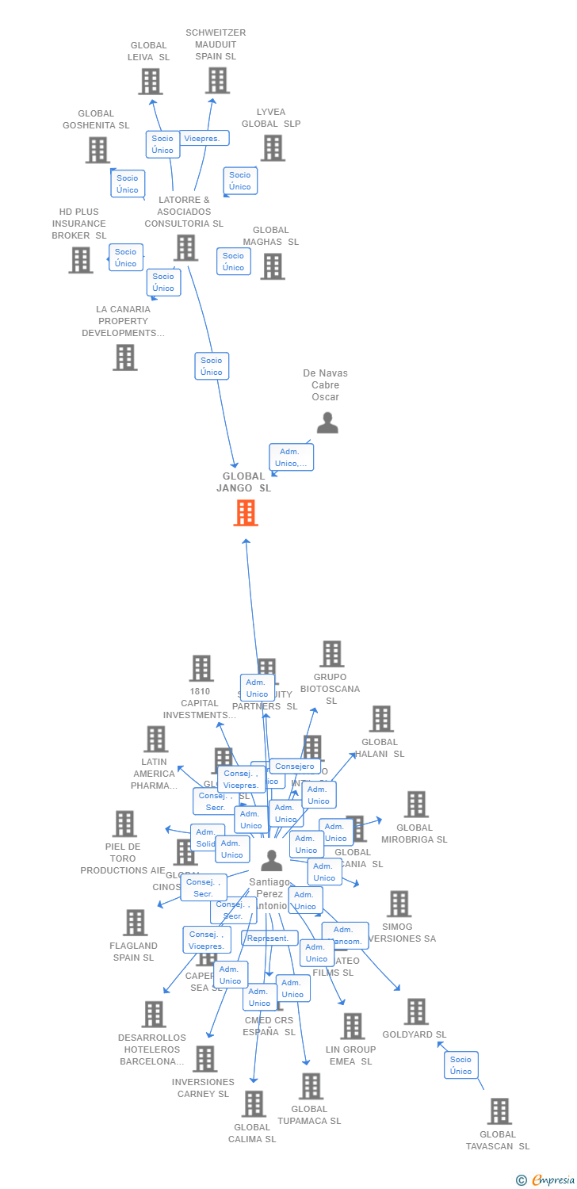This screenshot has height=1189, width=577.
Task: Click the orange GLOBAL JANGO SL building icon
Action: tap(246, 513)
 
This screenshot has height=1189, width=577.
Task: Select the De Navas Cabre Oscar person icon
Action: tap(327, 423)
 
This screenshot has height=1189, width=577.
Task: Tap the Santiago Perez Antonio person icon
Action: tap(272, 861)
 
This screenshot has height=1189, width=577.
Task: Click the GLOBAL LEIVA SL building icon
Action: tap(150, 82)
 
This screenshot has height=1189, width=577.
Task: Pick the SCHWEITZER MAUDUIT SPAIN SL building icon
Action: tap(217, 81)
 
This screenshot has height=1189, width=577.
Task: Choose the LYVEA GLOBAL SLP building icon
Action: tap(273, 148)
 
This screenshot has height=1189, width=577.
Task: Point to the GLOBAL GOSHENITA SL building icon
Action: tap(97, 150)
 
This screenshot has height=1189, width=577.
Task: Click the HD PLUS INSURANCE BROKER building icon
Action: tap(81, 260)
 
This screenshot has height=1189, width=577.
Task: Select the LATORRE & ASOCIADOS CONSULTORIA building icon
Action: tap(185, 248)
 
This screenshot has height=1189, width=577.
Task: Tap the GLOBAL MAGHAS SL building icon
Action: tap(273, 266)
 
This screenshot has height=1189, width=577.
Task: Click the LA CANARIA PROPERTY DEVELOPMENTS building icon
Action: tap(125, 357)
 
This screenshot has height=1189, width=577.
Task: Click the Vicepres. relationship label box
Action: tap(203, 138)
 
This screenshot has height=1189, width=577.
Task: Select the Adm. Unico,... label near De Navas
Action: tap(291, 457)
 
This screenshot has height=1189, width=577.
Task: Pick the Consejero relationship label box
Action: tap(295, 767)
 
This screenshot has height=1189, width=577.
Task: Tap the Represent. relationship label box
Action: tap(269, 938)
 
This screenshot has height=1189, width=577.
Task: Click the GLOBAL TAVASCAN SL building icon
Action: tap(499, 1111)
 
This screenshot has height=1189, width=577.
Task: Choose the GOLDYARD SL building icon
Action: tap(416, 1011)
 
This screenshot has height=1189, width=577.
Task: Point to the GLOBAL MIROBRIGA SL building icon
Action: tap(416, 805)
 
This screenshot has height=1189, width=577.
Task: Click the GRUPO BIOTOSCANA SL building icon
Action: tap(331, 655)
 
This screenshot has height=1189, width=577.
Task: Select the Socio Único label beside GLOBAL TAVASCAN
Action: tap(460, 1065)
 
